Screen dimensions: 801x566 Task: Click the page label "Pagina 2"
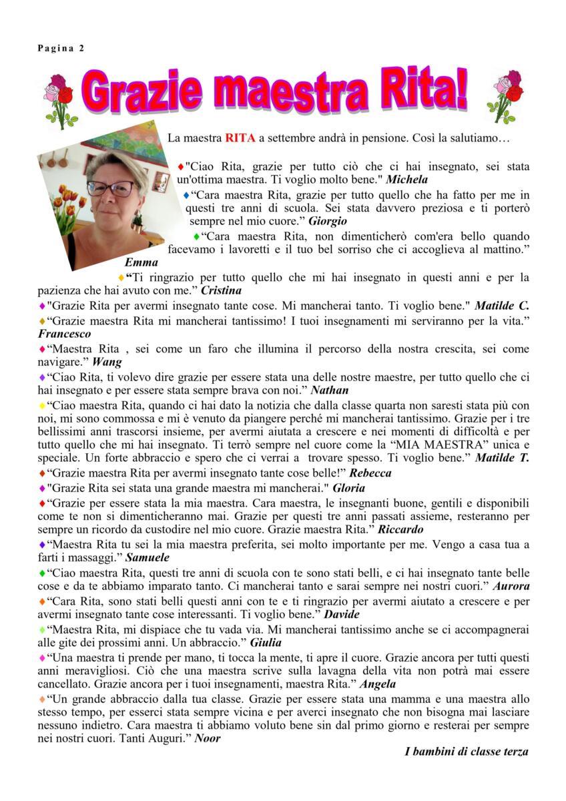click(60, 47)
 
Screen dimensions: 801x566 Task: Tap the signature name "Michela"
click(407, 180)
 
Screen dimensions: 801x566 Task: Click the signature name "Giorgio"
click(328, 221)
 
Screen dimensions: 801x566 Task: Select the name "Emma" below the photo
click(141, 262)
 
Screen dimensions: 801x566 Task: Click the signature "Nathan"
click(330, 390)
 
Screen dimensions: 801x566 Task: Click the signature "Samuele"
click(147, 557)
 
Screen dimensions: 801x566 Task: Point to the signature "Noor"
click(207, 738)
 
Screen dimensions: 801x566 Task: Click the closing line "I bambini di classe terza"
click(467, 752)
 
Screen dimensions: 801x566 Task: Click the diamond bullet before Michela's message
click(180, 166)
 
